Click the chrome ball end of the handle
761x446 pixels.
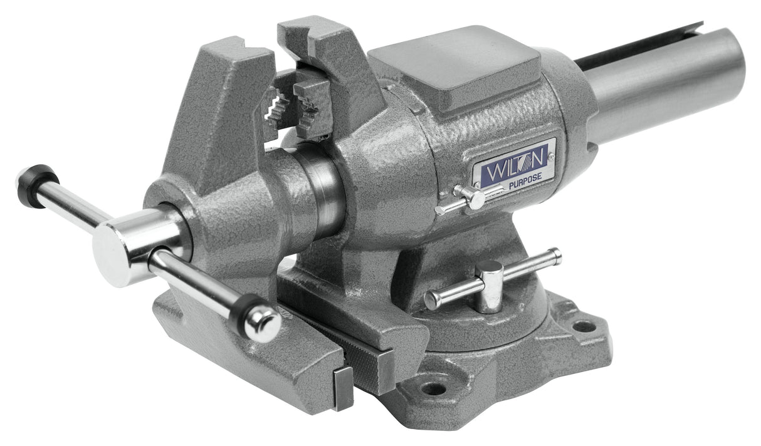263,323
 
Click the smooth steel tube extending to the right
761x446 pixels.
664,88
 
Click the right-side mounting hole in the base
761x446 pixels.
584,326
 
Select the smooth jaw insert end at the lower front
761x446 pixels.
343,388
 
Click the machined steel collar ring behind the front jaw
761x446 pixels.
323,191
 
